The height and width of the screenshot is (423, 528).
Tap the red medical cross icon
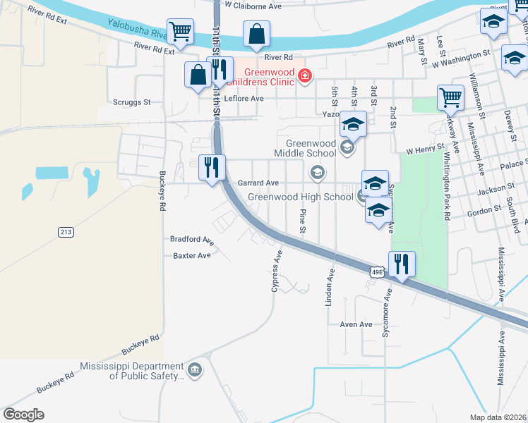(305, 75)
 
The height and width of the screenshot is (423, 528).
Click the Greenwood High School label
(300, 197)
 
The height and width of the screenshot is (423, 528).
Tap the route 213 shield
(66, 231)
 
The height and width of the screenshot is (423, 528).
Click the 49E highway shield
(378, 270)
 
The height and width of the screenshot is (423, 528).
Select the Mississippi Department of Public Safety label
(131, 371)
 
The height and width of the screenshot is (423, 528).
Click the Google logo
(24, 415)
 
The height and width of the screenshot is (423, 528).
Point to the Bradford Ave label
(191, 239)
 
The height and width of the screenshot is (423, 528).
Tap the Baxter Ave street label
(191, 255)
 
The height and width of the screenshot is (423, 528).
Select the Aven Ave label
(356, 324)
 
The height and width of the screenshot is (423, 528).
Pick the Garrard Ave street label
(258, 183)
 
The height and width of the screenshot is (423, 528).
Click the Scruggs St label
(132, 102)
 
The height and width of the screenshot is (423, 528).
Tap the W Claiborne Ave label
(252, 6)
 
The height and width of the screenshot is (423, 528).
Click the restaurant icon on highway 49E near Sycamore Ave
(402, 264)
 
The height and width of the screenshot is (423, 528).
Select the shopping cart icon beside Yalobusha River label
(180, 31)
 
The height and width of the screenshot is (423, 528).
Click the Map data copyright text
(498, 417)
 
